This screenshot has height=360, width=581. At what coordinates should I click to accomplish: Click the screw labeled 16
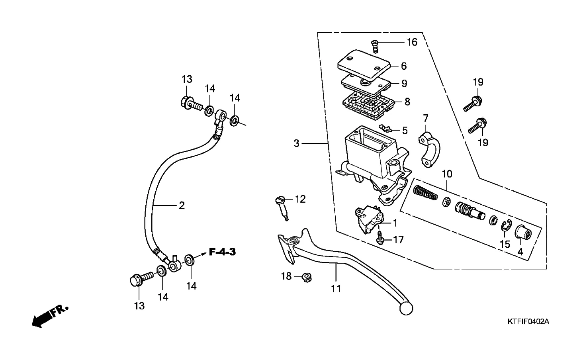[375, 47]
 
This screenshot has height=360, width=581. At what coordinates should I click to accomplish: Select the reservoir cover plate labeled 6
[364, 65]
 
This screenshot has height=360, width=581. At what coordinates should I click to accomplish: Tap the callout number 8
[407, 102]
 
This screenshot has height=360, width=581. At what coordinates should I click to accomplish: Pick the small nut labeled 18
[307, 278]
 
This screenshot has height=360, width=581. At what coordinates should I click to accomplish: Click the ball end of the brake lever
[406, 308]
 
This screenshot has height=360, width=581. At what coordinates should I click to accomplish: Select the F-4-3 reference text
[223, 252]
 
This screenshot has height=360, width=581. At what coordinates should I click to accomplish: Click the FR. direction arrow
[50, 317]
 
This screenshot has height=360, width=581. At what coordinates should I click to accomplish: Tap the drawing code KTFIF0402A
[528, 322]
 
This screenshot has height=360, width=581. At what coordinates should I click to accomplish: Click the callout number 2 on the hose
[182, 205]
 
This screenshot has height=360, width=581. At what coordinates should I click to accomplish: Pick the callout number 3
[296, 143]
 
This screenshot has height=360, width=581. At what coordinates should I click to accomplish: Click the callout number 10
[447, 174]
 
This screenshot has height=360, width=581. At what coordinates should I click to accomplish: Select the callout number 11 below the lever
[336, 289]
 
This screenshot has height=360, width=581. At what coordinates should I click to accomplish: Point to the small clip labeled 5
[385, 127]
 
